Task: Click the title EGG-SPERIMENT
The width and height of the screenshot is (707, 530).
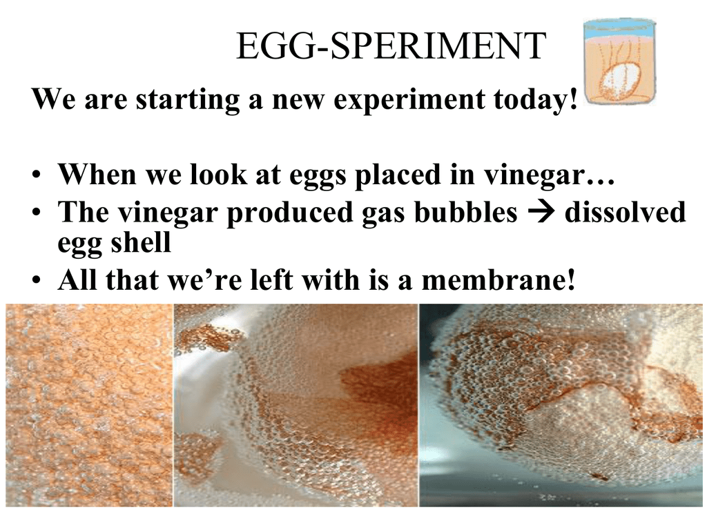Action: [391, 46]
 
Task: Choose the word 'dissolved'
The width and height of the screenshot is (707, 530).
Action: [625, 212]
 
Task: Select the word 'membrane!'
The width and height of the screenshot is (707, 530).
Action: [498, 280]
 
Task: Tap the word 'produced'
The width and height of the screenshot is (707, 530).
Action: [289, 213]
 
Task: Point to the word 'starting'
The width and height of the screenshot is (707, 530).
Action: [188, 101]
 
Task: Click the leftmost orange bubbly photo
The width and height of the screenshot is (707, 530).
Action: [89, 404]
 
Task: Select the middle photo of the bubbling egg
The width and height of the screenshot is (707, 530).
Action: [296, 404]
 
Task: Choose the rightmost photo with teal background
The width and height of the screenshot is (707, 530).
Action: [561, 404]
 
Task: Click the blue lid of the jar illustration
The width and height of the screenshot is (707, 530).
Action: [618, 26]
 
